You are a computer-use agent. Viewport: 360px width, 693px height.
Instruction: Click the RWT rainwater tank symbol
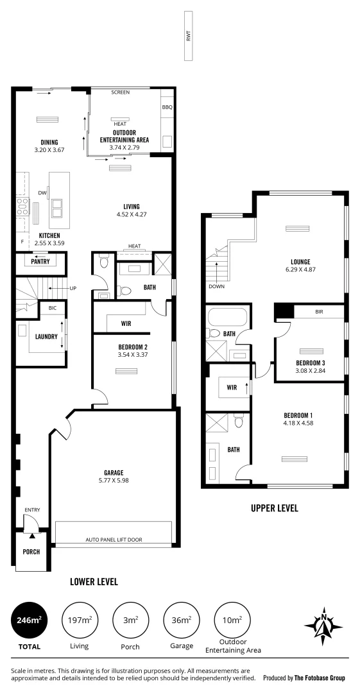click(189, 37)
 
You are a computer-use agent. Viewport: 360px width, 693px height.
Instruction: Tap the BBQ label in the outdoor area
click(167, 107)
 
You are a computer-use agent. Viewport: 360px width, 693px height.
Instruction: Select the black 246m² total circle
click(30, 619)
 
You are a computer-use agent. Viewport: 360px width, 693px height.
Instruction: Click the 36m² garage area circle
click(181, 619)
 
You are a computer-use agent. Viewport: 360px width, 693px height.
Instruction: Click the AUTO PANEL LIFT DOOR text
click(114, 540)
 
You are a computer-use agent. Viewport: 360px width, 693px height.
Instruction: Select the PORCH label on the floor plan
click(31, 551)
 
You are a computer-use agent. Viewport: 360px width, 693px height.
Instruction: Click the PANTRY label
click(40, 262)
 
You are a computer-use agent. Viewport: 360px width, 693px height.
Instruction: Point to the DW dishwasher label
click(41, 192)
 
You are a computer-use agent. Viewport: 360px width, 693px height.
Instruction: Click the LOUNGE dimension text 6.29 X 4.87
click(300, 269)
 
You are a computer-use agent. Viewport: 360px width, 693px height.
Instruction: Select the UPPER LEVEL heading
click(274, 508)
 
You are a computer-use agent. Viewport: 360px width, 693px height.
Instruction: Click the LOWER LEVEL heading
click(94, 581)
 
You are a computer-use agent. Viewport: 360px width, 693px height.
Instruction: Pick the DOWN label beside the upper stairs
click(217, 286)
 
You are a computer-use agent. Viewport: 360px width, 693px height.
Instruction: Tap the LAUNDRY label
click(46, 336)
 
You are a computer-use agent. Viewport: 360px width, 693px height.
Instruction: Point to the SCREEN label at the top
click(120, 92)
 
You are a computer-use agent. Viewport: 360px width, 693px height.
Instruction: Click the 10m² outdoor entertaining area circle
click(232, 619)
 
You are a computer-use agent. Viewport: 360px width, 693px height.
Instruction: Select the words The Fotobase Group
click(319, 678)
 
